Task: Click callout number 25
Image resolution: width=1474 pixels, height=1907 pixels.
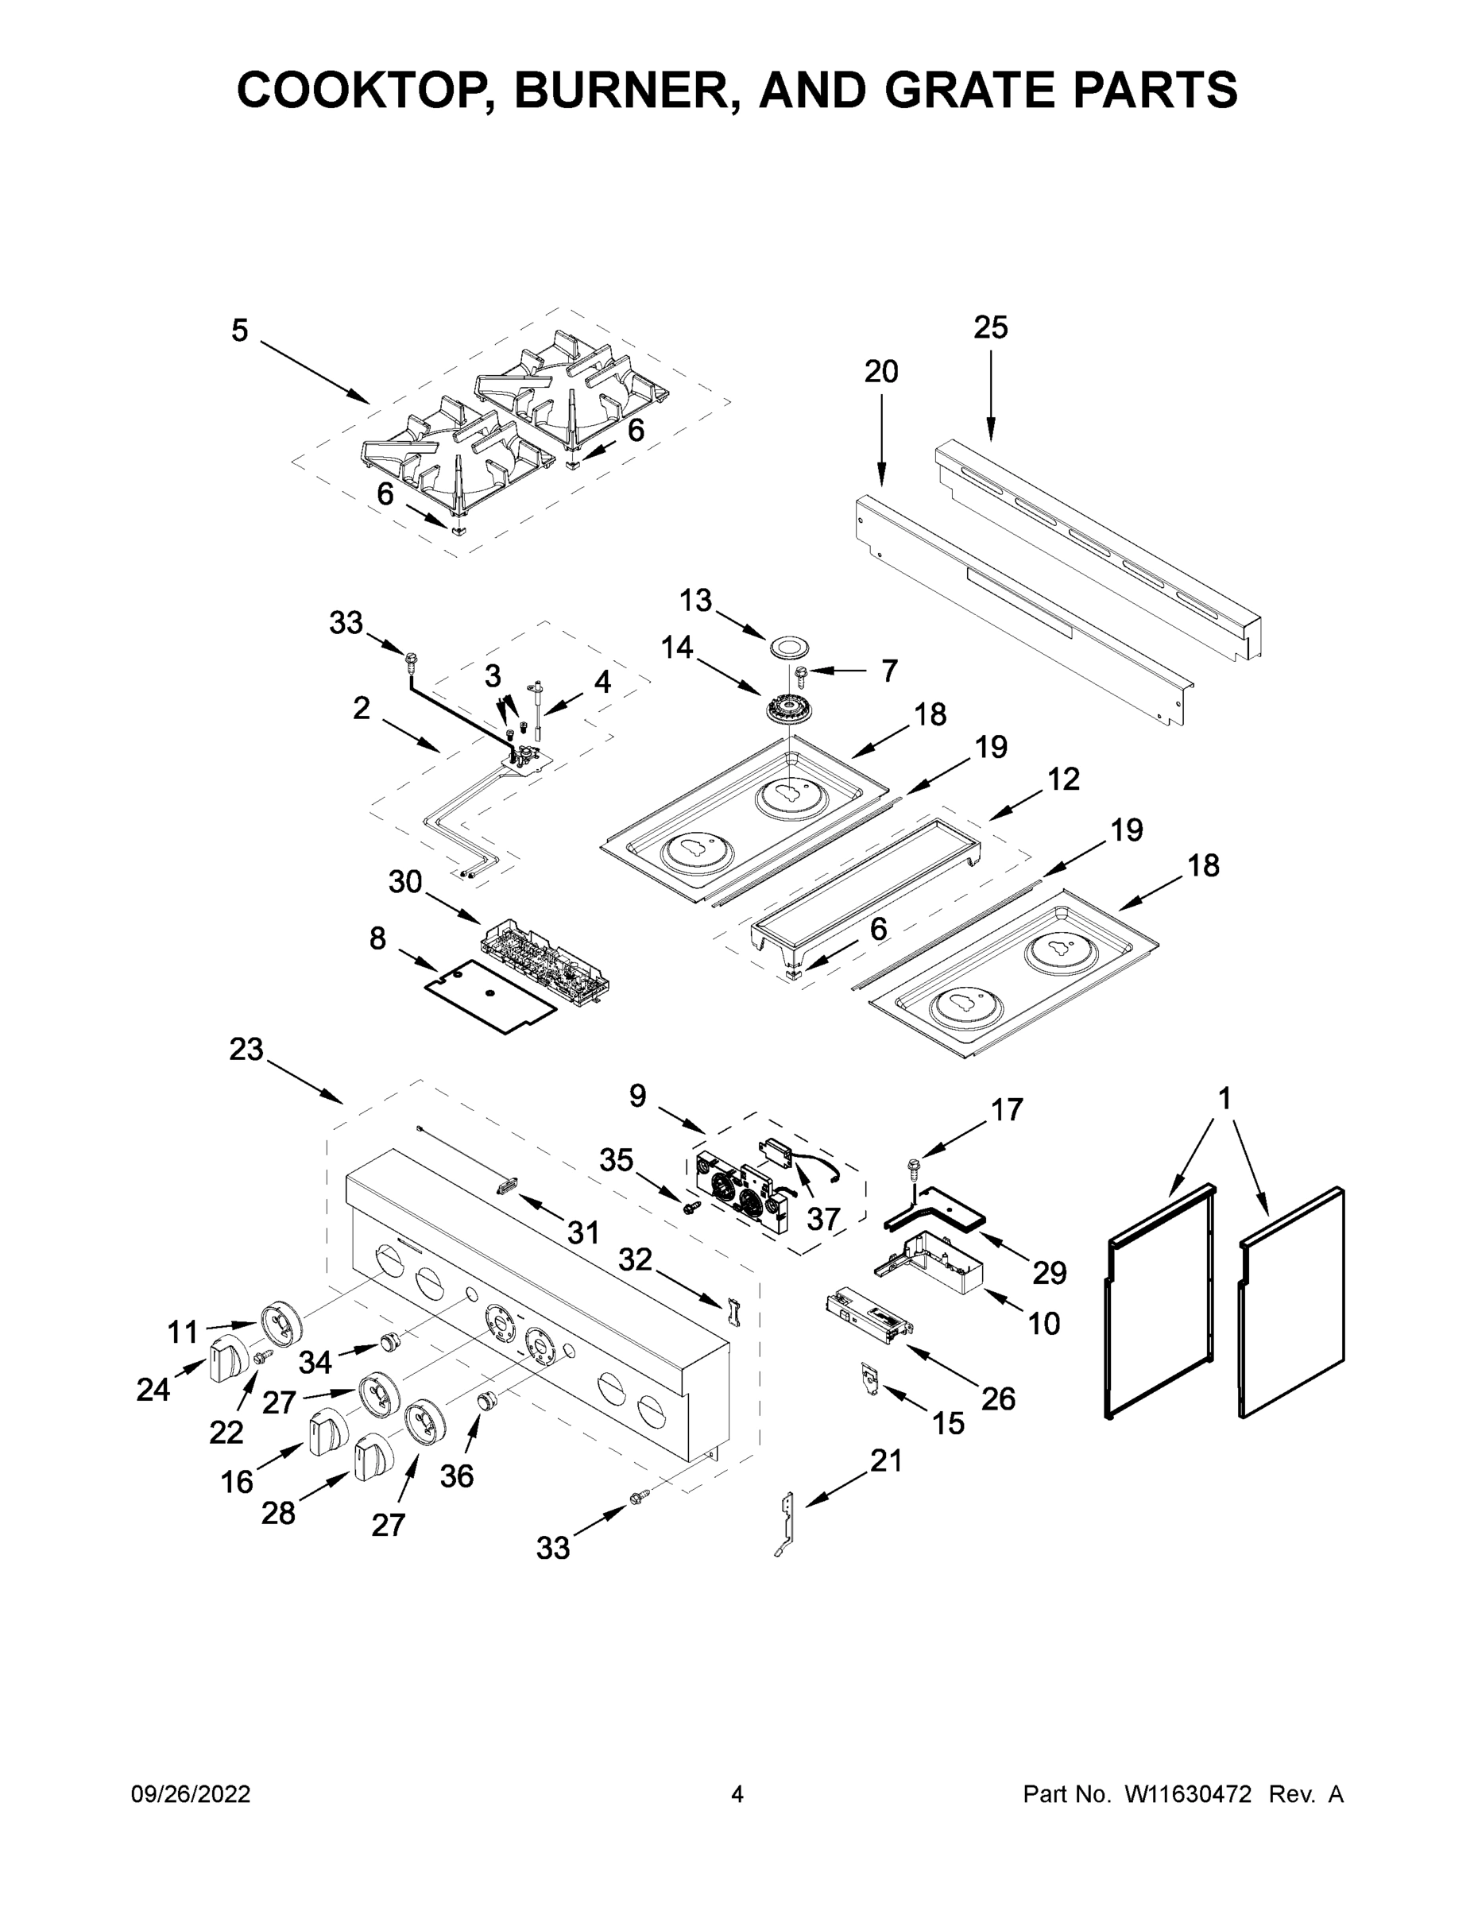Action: pyautogui.click(x=990, y=327)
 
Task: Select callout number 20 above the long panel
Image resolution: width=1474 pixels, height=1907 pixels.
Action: pyautogui.click(x=880, y=372)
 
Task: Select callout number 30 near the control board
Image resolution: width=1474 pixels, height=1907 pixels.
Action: pyautogui.click(x=405, y=882)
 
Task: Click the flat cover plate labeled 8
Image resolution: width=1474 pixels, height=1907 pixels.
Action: pyautogui.click(x=490, y=996)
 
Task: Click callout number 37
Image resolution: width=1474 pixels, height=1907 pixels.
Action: pyautogui.click(x=822, y=1218)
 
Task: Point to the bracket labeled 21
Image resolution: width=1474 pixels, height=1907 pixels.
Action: pyautogui.click(x=787, y=1522)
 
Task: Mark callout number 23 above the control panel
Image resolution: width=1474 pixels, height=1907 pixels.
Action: pyautogui.click(x=246, y=1049)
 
